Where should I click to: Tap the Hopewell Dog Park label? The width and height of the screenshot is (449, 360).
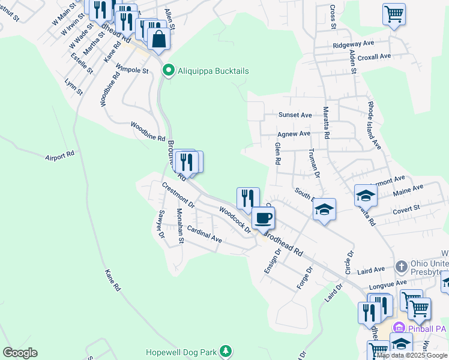point(183,352)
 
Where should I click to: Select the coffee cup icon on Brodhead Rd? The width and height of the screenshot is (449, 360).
point(262,218)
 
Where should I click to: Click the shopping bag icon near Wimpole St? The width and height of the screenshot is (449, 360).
point(158,40)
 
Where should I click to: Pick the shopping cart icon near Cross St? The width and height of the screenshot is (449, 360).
point(394,13)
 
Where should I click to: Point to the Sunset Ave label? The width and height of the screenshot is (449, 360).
point(295,115)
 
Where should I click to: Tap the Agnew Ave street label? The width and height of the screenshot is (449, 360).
point(294,134)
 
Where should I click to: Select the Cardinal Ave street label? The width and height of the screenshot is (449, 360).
point(204,234)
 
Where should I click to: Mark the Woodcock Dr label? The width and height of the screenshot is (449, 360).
point(234,220)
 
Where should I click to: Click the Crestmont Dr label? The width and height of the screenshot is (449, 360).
point(178,196)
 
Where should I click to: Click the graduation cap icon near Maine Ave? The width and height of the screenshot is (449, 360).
point(365,194)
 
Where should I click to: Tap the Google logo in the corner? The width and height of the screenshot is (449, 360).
point(20,353)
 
